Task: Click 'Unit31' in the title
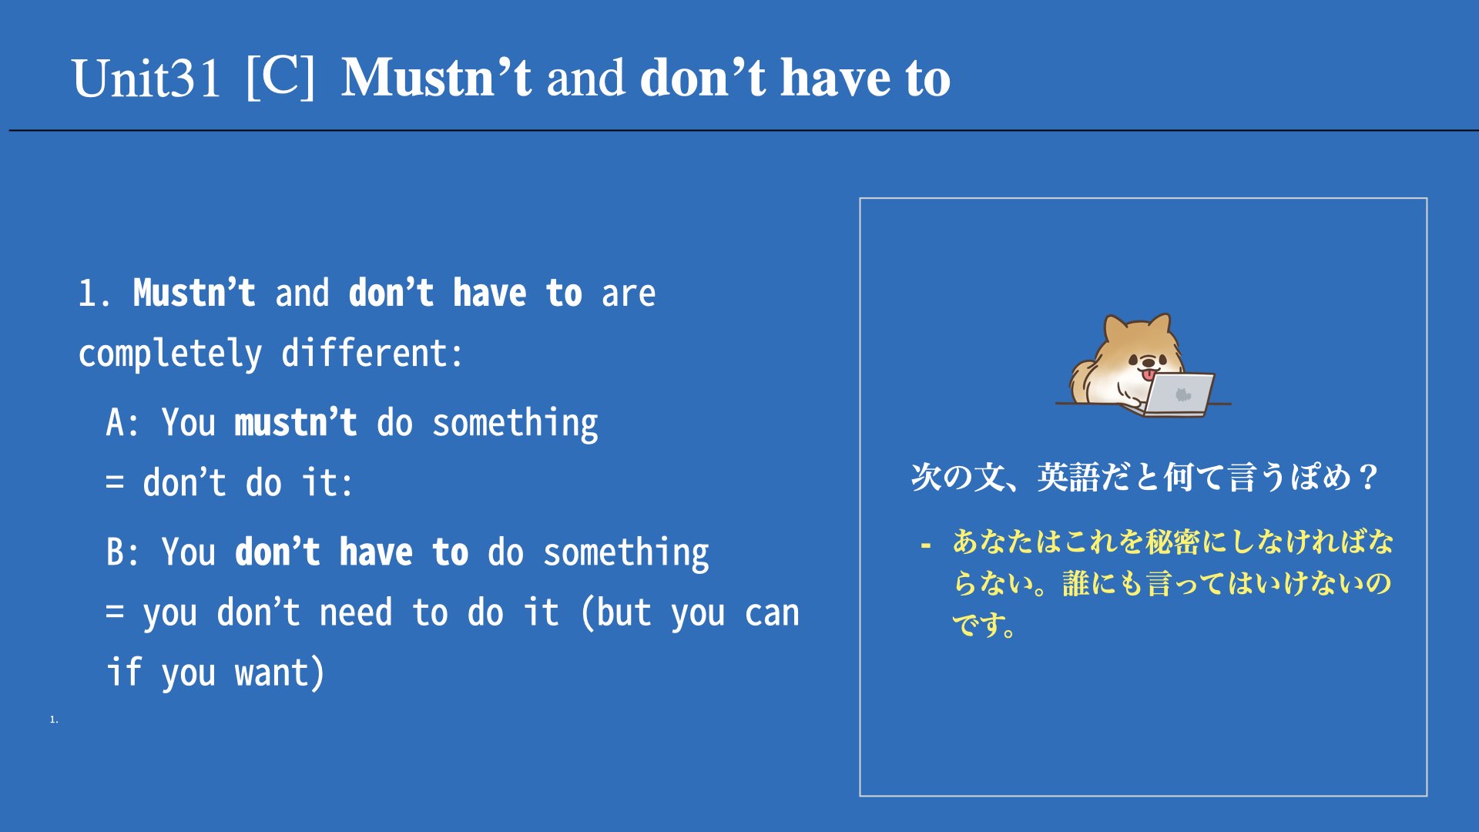tap(146, 78)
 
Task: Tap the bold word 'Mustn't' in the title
tap(436, 77)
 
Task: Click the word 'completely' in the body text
tap(170, 354)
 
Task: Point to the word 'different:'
tap(372, 353)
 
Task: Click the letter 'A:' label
tap(122, 422)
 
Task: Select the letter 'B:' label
tap(122, 552)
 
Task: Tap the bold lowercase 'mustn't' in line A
tap(296, 422)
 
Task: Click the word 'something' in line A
tap(515, 424)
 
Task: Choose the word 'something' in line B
tap(626, 553)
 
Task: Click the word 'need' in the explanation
tap(356, 613)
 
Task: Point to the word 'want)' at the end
tap(280, 673)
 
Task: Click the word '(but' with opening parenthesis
tap(616, 614)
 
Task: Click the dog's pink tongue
tap(1149, 374)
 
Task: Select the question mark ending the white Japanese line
tap(1369, 477)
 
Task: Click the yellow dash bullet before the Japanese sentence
tap(926, 546)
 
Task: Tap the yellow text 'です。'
tap(984, 624)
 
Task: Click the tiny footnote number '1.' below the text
tap(54, 720)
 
